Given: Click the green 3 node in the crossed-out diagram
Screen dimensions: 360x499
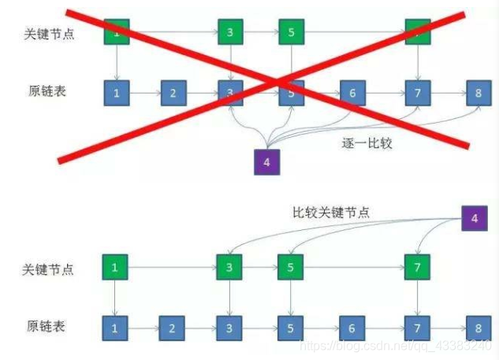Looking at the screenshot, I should tap(230, 33).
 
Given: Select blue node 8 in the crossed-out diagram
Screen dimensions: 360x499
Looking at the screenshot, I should tap(478, 93).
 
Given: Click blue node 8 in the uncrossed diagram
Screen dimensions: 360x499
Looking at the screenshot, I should tap(478, 327).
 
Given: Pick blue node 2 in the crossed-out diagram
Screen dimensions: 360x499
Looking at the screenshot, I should tap(173, 93).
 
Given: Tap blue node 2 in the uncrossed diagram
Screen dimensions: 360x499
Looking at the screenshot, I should tap(173, 327).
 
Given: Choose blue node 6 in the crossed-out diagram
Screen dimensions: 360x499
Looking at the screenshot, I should tap(352, 93).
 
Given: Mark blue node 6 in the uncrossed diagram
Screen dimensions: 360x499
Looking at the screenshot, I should tap(352, 327).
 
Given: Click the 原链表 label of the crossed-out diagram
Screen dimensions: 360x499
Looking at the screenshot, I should tap(47, 91).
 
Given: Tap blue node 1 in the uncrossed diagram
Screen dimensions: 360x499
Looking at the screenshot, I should tap(115, 327).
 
